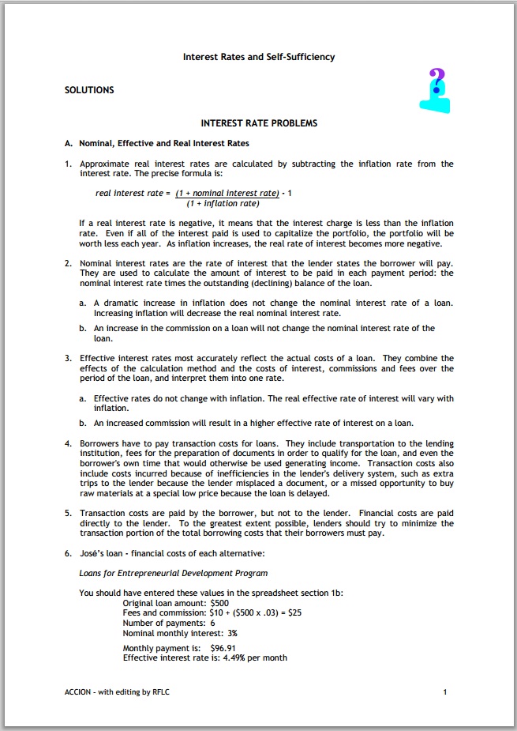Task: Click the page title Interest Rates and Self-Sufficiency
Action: coord(259,57)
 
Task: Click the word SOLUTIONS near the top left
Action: coord(89,90)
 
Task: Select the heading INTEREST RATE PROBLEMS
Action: coord(259,123)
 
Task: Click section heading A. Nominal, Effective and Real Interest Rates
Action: coord(157,144)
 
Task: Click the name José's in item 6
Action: coord(93,553)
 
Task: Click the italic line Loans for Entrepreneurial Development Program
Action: coord(174,573)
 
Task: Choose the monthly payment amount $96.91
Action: coord(224,648)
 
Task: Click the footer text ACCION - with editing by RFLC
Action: coord(117,692)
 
